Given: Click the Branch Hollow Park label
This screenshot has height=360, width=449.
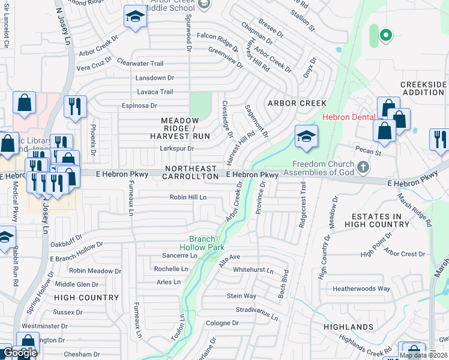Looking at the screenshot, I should [x=202, y=242].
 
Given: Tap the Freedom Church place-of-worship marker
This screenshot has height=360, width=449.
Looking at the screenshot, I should [x=363, y=166].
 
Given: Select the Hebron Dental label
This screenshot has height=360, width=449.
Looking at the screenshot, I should [x=348, y=117].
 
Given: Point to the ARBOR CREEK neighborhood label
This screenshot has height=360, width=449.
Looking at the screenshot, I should [x=297, y=103].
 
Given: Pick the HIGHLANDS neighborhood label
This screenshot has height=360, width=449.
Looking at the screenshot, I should [x=348, y=327].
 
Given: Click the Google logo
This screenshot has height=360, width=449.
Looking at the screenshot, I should [x=20, y=353].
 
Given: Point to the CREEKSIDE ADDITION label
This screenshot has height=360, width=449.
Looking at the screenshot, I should [x=423, y=89].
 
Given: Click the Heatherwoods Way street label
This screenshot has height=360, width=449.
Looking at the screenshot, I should [x=361, y=289].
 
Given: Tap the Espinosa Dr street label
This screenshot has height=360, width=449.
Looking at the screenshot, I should [x=139, y=106].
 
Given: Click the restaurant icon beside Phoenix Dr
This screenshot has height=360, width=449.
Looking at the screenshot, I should [x=75, y=106].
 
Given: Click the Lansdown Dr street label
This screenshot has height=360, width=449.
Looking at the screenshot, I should [x=155, y=78].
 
